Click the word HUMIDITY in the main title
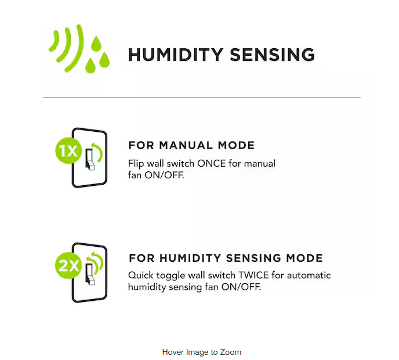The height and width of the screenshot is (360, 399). pyautogui.click(x=176, y=55)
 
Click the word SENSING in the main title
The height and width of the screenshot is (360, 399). pyautogui.click(x=272, y=55)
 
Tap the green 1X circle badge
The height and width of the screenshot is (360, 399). pyautogui.click(x=68, y=150)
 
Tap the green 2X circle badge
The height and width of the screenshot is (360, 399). pyautogui.click(x=68, y=265)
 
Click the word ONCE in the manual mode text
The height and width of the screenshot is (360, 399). pyautogui.click(x=212, y=164)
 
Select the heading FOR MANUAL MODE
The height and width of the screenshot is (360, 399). pyautogui.click(x=191, y=145)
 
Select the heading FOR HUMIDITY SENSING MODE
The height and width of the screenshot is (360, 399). pyautogui.click(x=226, y=258)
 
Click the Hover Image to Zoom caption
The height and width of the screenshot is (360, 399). pyautogui.click(x=202, y=352)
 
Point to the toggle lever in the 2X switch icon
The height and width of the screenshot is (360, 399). pyautogui.click(x=90, y=275)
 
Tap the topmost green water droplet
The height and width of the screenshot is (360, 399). pyautogui.click(x=96, y=44)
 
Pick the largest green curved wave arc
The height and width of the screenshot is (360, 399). pyautogui.click(x=77, y=48)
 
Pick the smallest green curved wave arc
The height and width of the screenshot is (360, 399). pyautogui.click(x=54, y=41)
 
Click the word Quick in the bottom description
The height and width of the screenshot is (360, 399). pyautogui.click(x=140, y=275)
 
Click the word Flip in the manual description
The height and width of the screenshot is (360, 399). pyautogui.click(x=136, y=164)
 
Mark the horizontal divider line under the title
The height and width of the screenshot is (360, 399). pyautogui.click(x=202, y=98)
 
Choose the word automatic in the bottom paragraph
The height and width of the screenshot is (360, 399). pyautogui.click(x=309, y=275)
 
